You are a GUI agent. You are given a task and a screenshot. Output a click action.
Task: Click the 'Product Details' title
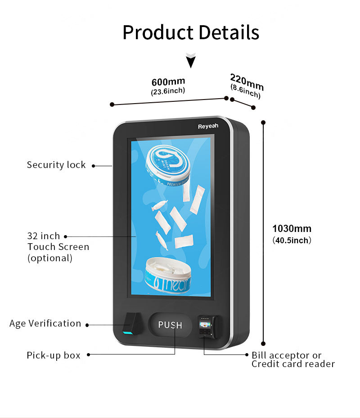(191, 33)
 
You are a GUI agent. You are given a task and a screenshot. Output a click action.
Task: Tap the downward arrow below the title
(191, 60)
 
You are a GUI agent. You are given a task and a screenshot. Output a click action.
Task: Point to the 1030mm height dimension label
(292, 228)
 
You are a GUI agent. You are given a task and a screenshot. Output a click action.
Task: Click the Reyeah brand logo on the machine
(208, 126)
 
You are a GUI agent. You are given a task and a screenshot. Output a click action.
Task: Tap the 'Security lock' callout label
(56, 165)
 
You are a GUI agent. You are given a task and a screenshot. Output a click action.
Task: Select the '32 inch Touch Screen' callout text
(58, 247)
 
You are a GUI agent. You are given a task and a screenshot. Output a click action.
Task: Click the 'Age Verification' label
(45, 323)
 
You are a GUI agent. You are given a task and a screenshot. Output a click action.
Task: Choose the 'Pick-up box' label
(54, 355)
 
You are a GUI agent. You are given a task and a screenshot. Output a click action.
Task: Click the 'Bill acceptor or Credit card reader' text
(293, 360)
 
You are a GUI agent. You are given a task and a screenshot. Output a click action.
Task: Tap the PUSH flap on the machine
(170, 325)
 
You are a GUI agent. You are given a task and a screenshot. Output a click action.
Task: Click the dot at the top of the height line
(263, 122)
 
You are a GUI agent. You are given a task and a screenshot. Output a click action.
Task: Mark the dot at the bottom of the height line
(263, 343)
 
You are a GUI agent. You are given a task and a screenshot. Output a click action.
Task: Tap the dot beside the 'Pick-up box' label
(89, 354)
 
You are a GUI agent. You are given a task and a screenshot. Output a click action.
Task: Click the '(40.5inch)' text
(292, 241)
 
